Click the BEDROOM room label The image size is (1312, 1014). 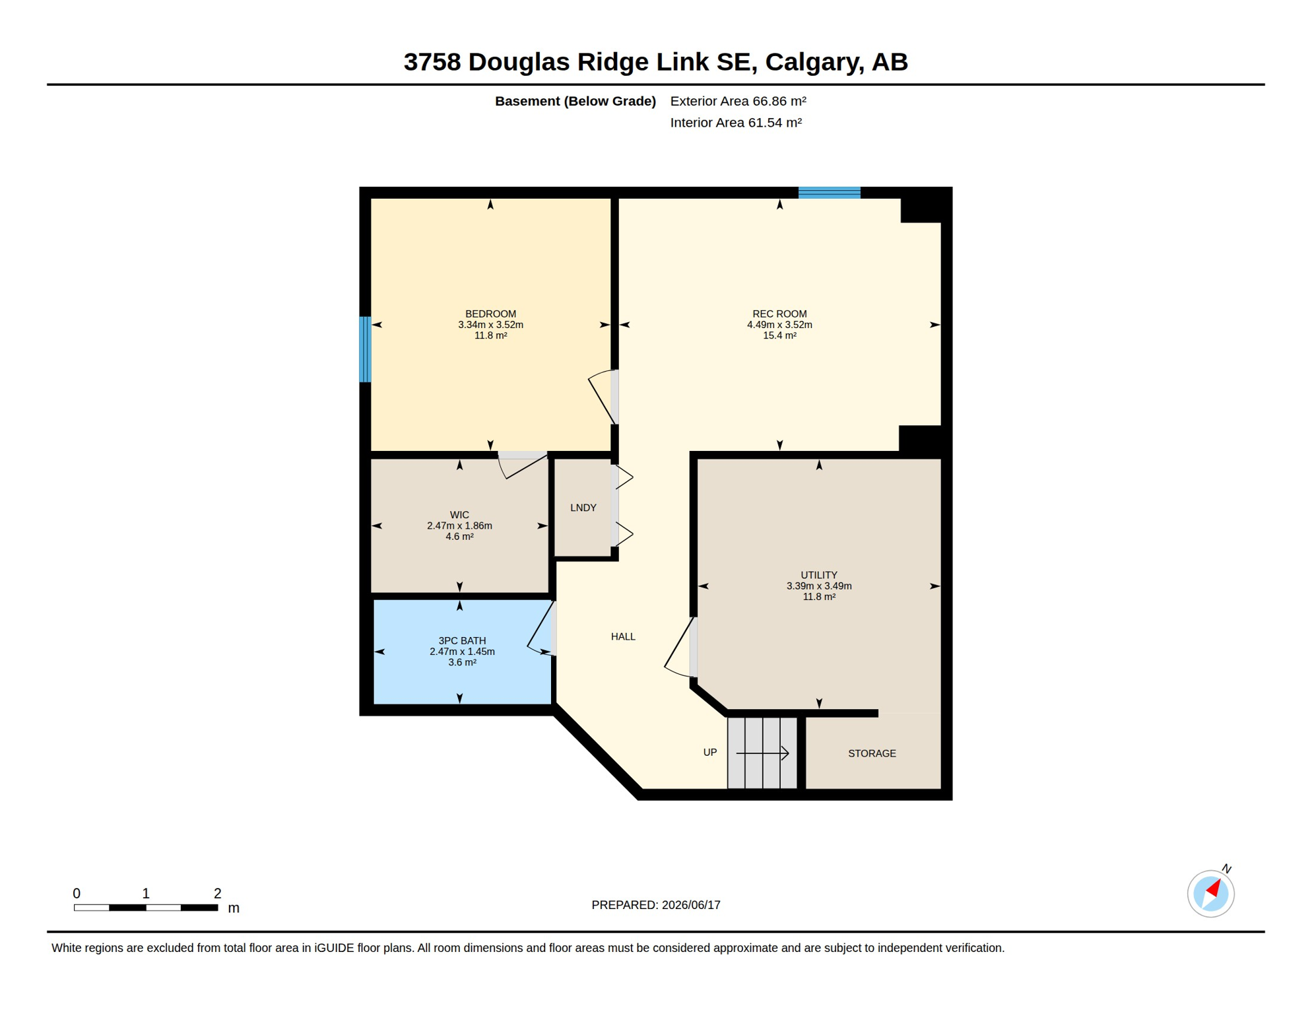490,314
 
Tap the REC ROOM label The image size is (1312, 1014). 779,314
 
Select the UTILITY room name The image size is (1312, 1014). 819,575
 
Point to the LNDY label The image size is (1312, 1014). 583,508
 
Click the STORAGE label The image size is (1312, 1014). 872,753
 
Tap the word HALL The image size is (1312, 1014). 623,636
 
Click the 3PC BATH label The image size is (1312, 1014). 462,640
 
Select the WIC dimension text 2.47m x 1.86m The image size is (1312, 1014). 459,525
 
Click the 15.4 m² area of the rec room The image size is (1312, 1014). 779,335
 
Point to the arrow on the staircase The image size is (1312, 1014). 762,753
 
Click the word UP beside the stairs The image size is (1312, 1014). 710,753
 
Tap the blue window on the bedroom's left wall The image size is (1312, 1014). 365,349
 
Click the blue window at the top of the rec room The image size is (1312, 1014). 830,193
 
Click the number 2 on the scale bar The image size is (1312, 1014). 217,893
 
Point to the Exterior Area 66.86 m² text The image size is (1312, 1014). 738,101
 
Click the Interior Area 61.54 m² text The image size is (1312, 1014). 736,123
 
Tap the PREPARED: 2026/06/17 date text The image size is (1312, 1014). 656,905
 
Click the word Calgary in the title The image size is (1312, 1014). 814,63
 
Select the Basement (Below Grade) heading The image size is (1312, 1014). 575,101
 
